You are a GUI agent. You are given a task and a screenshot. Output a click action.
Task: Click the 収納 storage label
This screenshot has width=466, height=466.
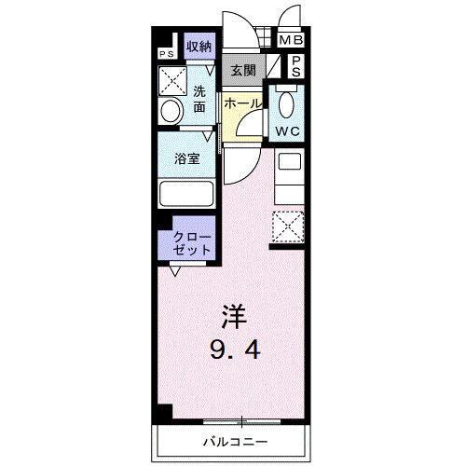[199, 46]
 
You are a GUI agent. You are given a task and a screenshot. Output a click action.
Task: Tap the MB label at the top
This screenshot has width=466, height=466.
[292, 41]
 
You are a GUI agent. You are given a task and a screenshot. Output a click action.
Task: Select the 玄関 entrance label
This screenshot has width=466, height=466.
[242, 69]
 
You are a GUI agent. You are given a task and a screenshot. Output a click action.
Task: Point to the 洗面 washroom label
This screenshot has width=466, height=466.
[200, 99]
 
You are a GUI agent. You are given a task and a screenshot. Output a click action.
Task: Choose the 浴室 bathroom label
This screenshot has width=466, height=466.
[187, 158]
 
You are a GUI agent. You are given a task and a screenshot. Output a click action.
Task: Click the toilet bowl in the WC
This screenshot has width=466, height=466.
[286, 100]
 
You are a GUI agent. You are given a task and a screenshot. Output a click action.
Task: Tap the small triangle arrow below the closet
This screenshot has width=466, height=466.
[174, 271]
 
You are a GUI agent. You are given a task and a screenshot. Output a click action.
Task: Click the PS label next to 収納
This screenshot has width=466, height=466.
[169, 54]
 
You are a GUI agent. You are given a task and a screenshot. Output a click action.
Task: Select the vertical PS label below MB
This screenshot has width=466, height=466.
[294, 65]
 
